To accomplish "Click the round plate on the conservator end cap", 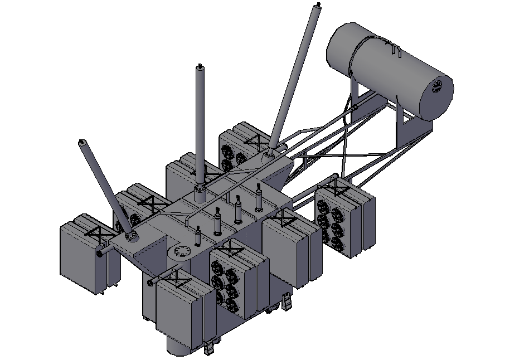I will click(439, 88).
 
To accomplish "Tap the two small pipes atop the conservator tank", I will click(396, 49).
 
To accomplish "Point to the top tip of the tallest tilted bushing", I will click(318, 6).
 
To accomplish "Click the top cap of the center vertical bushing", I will click(200, 69).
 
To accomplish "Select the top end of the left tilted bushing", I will click(82, 142).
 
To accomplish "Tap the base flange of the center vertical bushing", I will click(200, 194).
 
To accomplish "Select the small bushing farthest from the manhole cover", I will click(258, 198).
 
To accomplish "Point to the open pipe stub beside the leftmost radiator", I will click(100, 254).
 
